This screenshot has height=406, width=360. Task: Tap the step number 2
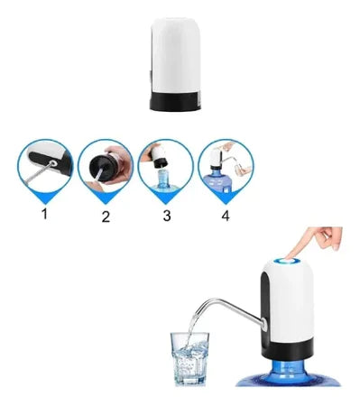point(106,217)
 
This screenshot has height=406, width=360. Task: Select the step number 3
point(165,217)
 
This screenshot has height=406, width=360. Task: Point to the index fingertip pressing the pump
point(301,250)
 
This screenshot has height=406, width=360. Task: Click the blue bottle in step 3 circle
point(166,180)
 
